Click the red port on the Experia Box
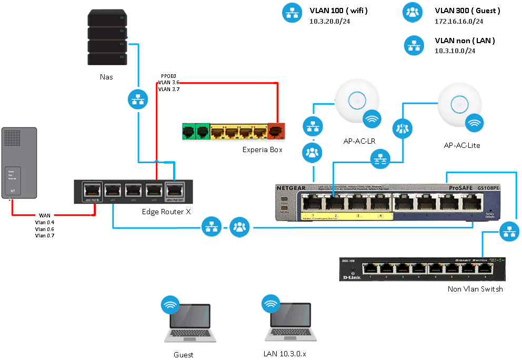click(276, 132)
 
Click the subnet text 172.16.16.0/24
click(459, 22)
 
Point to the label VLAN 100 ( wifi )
click(338, 10)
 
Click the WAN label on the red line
click(44, 216)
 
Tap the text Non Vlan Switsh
click(475, 289)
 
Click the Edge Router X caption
click(166, 212)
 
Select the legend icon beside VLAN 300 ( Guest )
click(412, 13)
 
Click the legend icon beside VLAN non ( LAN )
click(414, 45)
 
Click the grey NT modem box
click(19, 163)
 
